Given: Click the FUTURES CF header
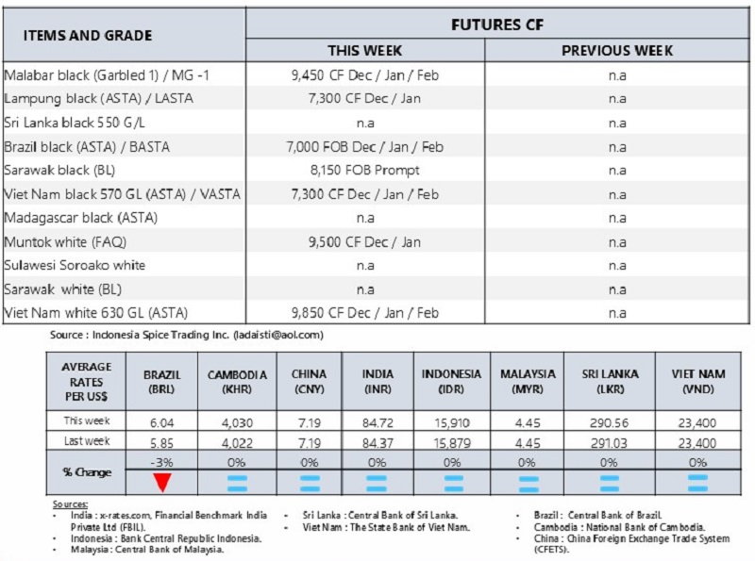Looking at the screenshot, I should click(x=497, y=25).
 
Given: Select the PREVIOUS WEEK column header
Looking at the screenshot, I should click(x=617, y=51).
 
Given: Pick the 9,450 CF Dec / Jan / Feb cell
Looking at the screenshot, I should click(x=365, y=75).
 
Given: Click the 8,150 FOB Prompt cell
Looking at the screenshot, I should click(x=365, y=171).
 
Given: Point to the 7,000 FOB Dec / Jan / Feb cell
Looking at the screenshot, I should click(x=365, y=147).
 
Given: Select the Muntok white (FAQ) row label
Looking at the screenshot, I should click(x=65, y=241).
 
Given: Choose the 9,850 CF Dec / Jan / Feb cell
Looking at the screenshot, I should click(x=365, y=312).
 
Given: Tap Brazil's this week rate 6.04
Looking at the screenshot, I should click(x=162, y=421).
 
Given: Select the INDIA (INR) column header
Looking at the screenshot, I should click(x=377, y=380).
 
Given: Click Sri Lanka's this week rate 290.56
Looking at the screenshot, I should click(x=609, y=421).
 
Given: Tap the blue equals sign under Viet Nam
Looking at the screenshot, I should click(x=697, y=482).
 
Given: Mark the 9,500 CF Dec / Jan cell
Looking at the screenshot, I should click(x=365, y=241).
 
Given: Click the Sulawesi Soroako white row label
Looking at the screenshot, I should click(x=75, y=265).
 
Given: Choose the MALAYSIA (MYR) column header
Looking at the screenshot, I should click(x=528, y=380).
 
